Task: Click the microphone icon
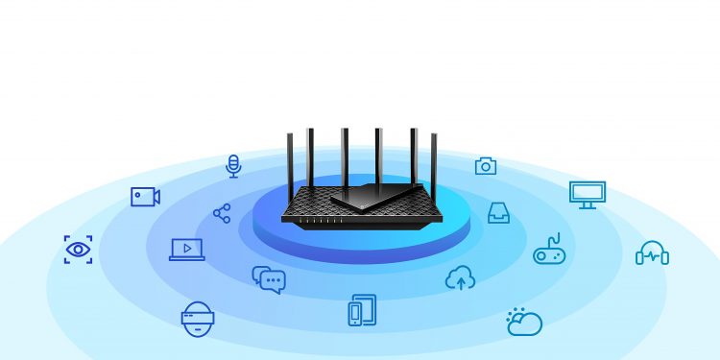click(x=232, y=166)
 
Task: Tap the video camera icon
click(x=145, y=197)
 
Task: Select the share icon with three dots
click(x=222, y=213)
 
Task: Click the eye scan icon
click(x=78, y=250)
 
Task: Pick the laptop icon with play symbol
click(x=186, y=250)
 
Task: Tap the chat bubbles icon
click(x=269, y=279)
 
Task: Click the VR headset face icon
click(x=196, y=318)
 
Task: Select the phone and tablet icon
click(x=362, y=309)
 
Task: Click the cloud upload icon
click(x=461, y=278)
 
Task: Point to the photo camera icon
click(x=486, y=166)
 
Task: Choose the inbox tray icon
click(x=498, y=212)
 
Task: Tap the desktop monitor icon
click(x=587, y=194)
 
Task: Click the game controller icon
click(x=549, y=252)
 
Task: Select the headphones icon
click(x=652, y=252)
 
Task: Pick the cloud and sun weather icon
click(x=524, y=322)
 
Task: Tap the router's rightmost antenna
click(x=434, y=167)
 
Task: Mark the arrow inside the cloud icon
click(x=461, y=281)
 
